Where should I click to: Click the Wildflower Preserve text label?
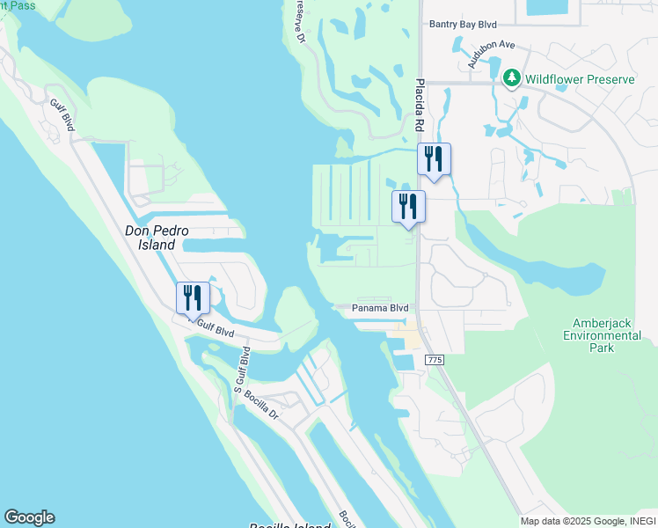coord(580,79)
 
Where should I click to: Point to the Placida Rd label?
coord(420,104)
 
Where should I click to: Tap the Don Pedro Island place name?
coord(157,238)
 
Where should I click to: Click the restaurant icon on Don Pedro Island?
coord(194,297)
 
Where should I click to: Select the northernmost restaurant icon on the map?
coord(435,158)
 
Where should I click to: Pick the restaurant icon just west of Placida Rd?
coord(408,206)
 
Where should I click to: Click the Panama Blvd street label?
coord(380,308)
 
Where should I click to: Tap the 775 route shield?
coord(433,361)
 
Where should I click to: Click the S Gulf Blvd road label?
coord(240,370)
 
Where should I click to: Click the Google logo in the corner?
coord(29,517)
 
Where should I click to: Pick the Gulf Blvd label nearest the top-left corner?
coord(62,115)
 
